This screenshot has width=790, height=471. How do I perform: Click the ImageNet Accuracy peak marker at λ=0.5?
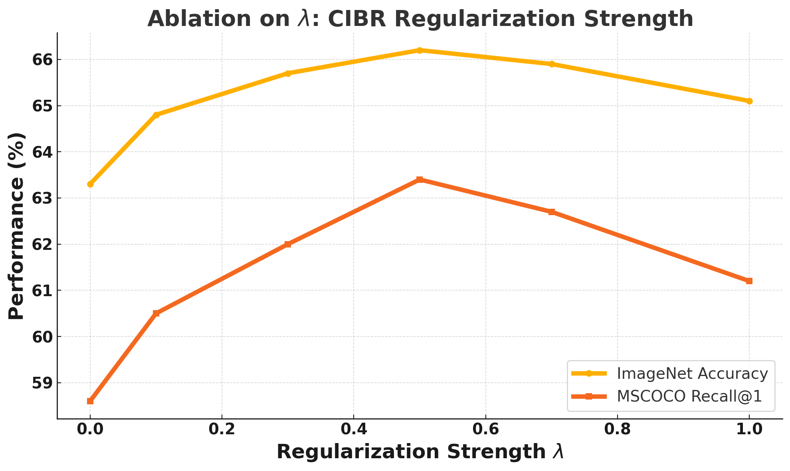coord(419,50)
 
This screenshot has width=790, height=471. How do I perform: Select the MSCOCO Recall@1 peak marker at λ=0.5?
coord(419,180)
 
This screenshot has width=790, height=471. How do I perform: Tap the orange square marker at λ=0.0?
coord(90,401)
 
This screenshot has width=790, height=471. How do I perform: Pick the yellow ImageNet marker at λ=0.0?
coord(90,184)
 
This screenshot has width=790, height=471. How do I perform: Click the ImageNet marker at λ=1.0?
coord(749,101)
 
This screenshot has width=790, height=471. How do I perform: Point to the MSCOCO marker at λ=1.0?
coord(749,281)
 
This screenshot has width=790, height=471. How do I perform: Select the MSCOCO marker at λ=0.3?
coord(288,244)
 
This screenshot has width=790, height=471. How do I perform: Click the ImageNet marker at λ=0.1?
coord(156,115)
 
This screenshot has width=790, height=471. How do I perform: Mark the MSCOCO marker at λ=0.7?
coord(551,212)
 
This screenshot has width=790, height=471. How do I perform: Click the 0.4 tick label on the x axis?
coord(353,429)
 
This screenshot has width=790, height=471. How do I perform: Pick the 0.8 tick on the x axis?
coord(617,429)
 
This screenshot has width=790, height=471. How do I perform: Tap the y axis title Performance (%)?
coord(17,226)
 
